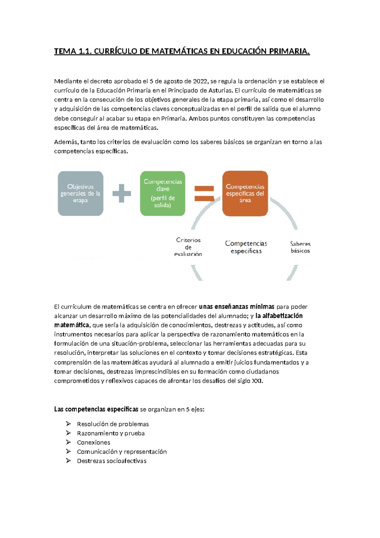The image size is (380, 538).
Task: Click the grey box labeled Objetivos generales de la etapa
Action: click(80, 194)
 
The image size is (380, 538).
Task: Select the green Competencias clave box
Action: click(163, 194)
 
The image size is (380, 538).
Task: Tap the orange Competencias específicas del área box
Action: click(245, 194)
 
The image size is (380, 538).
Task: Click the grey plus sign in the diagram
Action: click(122, 193)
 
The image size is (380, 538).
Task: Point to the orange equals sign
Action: click(204, 194)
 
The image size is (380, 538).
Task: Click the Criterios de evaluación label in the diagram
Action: click(188, 247)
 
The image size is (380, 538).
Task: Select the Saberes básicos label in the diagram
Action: click(300, 247)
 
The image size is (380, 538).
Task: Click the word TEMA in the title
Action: click(65, 51)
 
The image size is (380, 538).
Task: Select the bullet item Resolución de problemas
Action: click(113, 424)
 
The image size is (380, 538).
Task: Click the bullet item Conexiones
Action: click(93, 443)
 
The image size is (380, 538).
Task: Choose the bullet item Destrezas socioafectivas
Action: click(111, 461)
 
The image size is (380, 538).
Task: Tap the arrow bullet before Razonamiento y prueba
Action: click(68, 433)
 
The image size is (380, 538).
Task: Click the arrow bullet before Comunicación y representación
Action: click(68, 451)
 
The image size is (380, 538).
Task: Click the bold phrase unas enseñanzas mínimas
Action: click(237, 307)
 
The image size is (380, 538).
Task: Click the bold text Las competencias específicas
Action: click(96, 409)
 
